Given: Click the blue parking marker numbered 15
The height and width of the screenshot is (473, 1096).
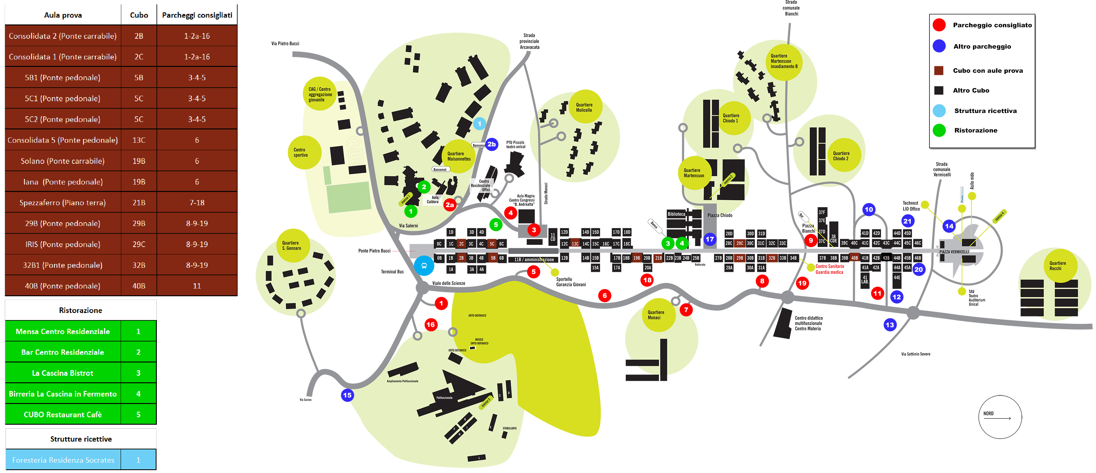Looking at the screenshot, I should coord(347,395).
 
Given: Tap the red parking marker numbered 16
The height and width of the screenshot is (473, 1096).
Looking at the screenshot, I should coord(431,324).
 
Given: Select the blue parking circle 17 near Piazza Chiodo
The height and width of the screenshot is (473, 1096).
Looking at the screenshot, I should coord(710,239).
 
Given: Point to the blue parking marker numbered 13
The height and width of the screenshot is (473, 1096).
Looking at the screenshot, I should coord(890,325).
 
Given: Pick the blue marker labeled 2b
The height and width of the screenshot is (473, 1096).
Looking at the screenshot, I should coord(492,144).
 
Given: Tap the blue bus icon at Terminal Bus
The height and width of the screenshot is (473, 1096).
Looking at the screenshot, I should coord(424,266).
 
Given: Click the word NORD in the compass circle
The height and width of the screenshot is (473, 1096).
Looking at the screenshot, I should coord(988,413).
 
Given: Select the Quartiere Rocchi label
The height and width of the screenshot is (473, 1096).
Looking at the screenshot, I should coord(1057,266).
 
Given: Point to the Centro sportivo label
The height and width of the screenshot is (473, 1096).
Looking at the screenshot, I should coord(300,152).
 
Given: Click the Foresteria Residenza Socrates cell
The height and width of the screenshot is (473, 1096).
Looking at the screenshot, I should coord(63,460).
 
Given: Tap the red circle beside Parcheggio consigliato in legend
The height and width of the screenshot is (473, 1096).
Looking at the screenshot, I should coord(939,25).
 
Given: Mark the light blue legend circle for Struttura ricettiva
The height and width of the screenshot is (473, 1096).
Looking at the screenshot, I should coord(939,111).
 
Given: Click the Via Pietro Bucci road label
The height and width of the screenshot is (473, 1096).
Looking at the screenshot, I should coord(285,43).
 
